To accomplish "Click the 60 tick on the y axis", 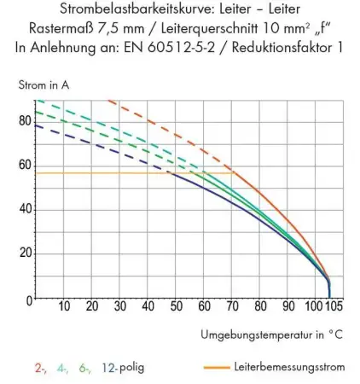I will (24, 165).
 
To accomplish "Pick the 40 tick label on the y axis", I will (24, 209).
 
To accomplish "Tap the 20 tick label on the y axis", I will (24, 253).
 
